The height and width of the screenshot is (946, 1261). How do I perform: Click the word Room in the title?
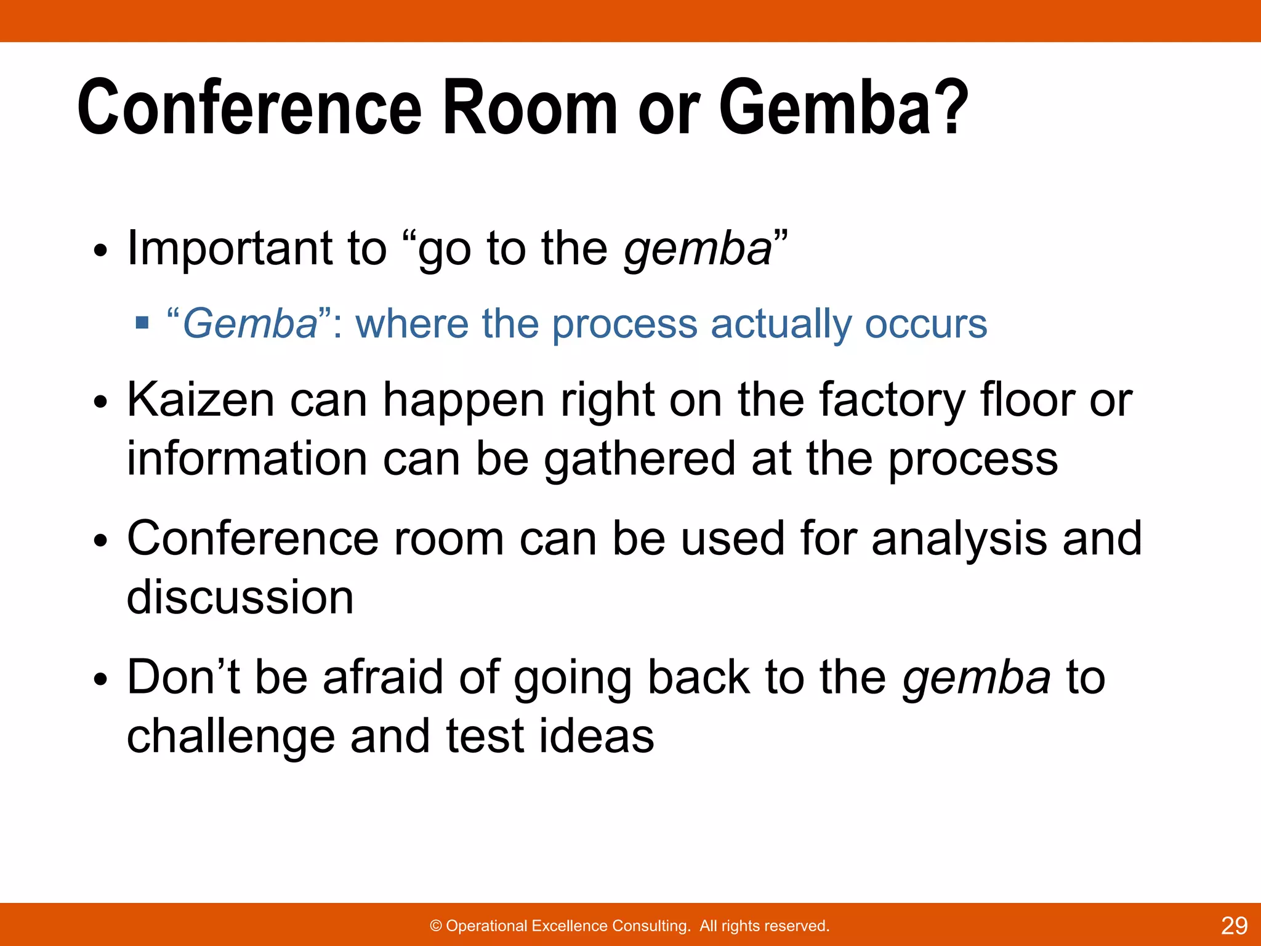click(x=530, y=108)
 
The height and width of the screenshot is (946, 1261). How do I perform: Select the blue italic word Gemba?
click(x=250, y=324)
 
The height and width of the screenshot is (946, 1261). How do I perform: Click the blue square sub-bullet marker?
click(x=142, y=323)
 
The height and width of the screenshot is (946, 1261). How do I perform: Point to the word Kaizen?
click(x=200, y=400)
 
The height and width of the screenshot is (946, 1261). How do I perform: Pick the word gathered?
click(x=640, y=459)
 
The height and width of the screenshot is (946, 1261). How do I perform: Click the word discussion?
click(x=240, y=597)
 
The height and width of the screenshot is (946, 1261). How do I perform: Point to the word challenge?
click(x=230, y=737)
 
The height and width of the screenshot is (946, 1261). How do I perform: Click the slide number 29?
click(x=1234, y=926)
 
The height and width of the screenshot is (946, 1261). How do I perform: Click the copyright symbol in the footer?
click(x=436, y=926)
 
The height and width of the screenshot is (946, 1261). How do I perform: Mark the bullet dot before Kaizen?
click(x=101, y=403)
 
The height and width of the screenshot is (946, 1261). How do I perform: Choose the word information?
click(x=247, y=459)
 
